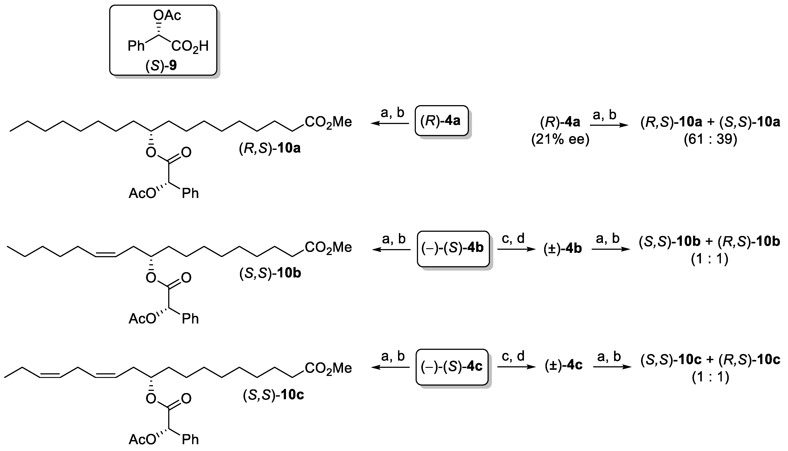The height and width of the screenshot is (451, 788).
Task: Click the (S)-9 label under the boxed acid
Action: pos(161,66)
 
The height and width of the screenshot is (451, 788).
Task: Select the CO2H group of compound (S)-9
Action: pos(190,47)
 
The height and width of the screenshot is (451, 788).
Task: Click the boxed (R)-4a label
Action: pos(441,121)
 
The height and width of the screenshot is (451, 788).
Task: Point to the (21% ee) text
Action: pos(560,139)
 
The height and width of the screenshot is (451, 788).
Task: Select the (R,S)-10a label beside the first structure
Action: pos(270,148)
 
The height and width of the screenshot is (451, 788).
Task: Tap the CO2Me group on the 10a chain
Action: pos(328,122)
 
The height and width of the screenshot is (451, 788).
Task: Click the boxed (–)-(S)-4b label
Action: pos(453,248)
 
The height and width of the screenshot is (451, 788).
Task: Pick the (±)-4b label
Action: pos(562,249)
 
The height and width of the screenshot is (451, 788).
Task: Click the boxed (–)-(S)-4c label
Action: pos(452,367)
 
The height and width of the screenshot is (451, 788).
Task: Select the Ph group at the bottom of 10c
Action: pos(190,439)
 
